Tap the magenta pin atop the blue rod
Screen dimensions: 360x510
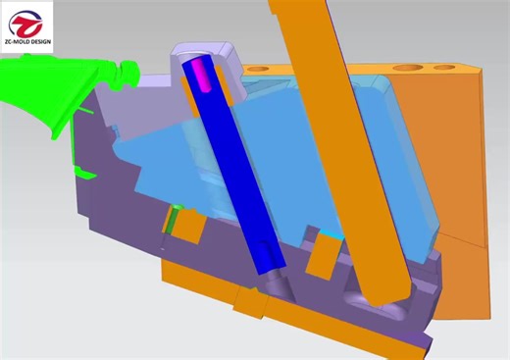(200, 74)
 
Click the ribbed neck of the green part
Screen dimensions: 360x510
(125, 71)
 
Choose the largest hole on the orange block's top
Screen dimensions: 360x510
(405, 69)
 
